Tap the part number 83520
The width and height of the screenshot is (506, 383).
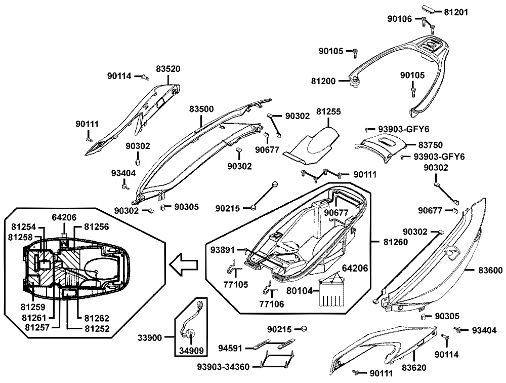(168, 68)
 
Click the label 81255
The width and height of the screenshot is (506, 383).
(328, 111)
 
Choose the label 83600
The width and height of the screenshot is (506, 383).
(490, 271)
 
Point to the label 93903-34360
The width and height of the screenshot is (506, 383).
(227, 366)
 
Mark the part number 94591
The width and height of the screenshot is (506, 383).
(230, 348)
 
